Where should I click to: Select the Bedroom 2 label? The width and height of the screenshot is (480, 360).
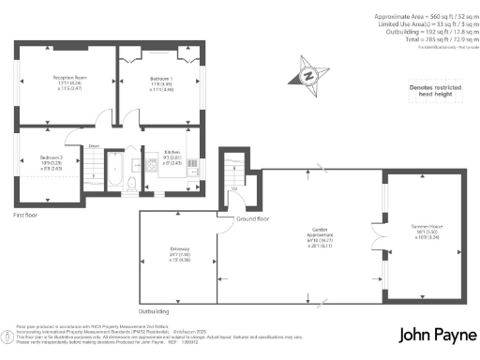coord(51,160)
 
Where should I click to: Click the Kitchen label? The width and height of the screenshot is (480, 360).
coord(172,152)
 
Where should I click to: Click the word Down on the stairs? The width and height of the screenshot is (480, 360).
coord(95,146)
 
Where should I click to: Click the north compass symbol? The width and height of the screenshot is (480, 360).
coord(309,76)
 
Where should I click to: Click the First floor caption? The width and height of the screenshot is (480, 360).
coord(25,215)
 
